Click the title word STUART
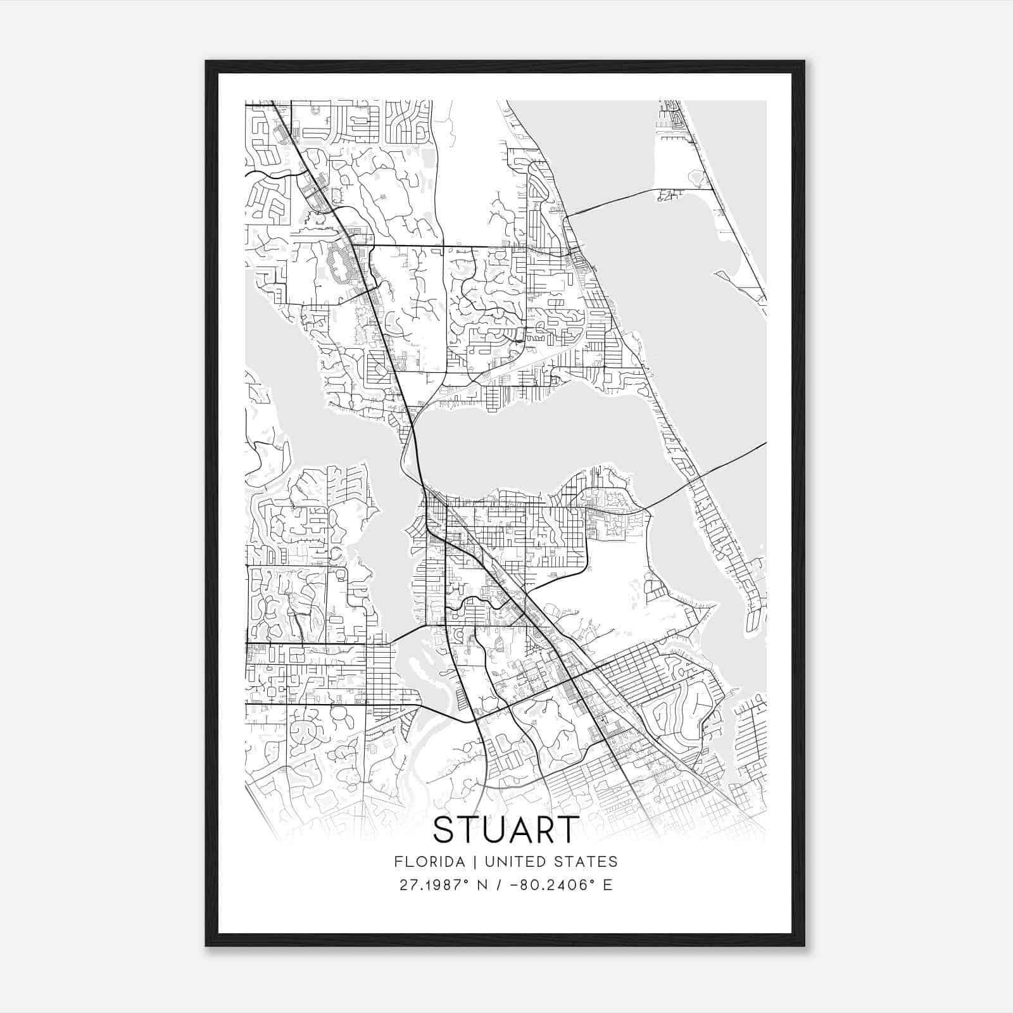tap(506, 829)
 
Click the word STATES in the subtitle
tap(586, 862)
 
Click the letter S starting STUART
tap(446, 829)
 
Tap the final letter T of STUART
tap(568, 829)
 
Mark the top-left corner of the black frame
tap(206, 61)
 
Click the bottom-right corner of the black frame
tap(804, 946)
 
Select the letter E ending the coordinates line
tap(608, 885)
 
